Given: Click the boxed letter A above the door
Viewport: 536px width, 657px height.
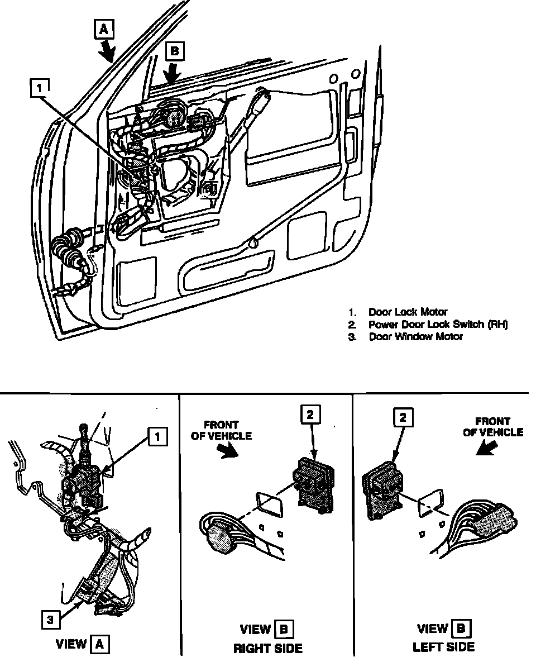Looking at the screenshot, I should click(103, 30).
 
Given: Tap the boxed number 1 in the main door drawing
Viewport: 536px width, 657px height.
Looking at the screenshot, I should click(39, 87).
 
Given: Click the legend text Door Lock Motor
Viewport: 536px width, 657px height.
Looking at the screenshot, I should click(408, 312).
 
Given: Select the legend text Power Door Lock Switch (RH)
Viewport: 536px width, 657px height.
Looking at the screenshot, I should click(438, 325).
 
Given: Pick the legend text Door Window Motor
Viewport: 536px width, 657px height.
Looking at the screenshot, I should click(415, 337).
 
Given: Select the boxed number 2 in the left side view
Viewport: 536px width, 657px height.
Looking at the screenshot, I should click(402, 416).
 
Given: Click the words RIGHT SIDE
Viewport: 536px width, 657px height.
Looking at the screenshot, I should click(267, 648).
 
